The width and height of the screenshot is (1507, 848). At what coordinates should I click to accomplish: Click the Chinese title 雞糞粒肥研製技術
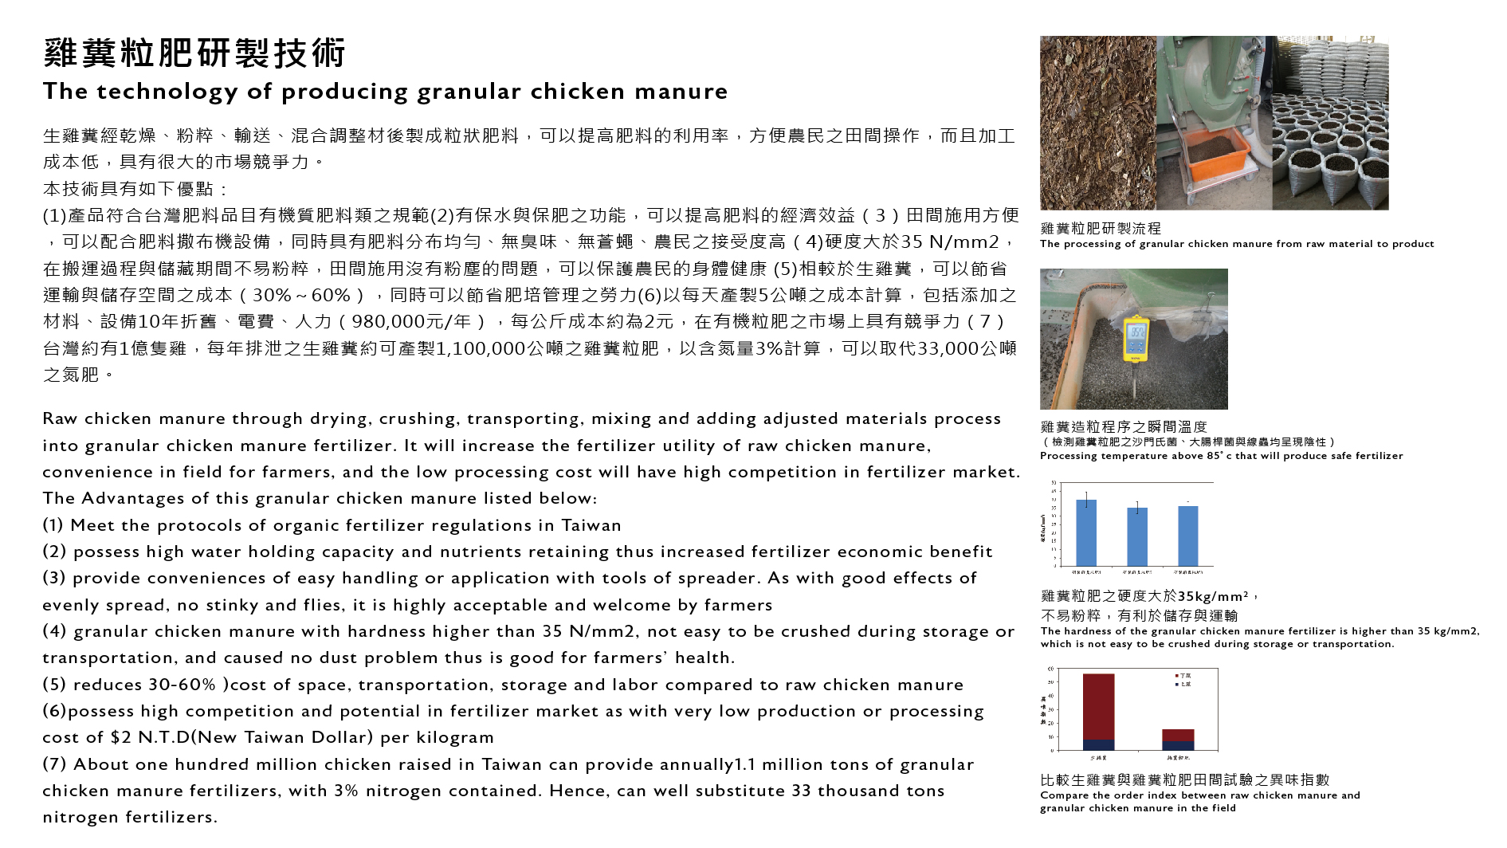click(x=194, y=53)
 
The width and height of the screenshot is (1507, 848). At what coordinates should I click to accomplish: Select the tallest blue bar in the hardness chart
click(x=1086, y=532)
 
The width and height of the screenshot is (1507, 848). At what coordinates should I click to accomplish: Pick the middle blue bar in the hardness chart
click(x=1137, y=536)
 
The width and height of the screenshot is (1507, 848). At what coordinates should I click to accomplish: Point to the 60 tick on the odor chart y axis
click(x=1051, y=669)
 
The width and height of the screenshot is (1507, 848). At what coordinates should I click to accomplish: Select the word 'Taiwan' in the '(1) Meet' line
click(x=591, y=525)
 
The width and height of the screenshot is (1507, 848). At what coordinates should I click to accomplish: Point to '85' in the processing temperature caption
click(x=1214, y=456)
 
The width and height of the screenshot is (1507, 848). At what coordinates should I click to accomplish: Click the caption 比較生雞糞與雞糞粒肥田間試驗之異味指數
click(x=1184, y=779)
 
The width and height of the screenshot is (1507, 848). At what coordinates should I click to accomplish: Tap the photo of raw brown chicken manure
click(x=1097, y=123)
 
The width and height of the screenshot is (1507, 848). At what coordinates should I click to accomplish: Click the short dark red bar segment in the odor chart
click(x=1178, y=735)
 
